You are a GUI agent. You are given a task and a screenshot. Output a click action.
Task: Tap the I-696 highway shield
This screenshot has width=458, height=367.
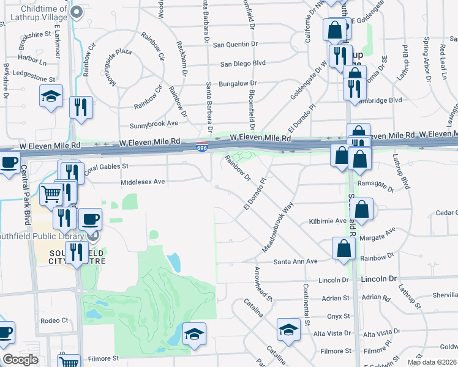[201, 148]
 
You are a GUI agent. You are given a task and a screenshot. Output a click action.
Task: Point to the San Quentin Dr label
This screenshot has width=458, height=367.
[236, 44]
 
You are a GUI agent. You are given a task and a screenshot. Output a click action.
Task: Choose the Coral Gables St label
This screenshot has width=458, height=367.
[106, 167]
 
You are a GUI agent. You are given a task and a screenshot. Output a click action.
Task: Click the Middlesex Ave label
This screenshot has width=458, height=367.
[143, 182]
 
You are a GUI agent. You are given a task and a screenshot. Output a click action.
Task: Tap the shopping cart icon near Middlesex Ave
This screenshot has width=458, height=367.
[51, 195]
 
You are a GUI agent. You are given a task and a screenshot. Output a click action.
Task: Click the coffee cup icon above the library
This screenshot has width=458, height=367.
[91, 218]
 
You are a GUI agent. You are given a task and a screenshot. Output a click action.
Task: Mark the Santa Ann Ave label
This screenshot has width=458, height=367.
[295, 261]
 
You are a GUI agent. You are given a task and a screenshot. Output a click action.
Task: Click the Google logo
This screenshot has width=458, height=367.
[20, 360]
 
